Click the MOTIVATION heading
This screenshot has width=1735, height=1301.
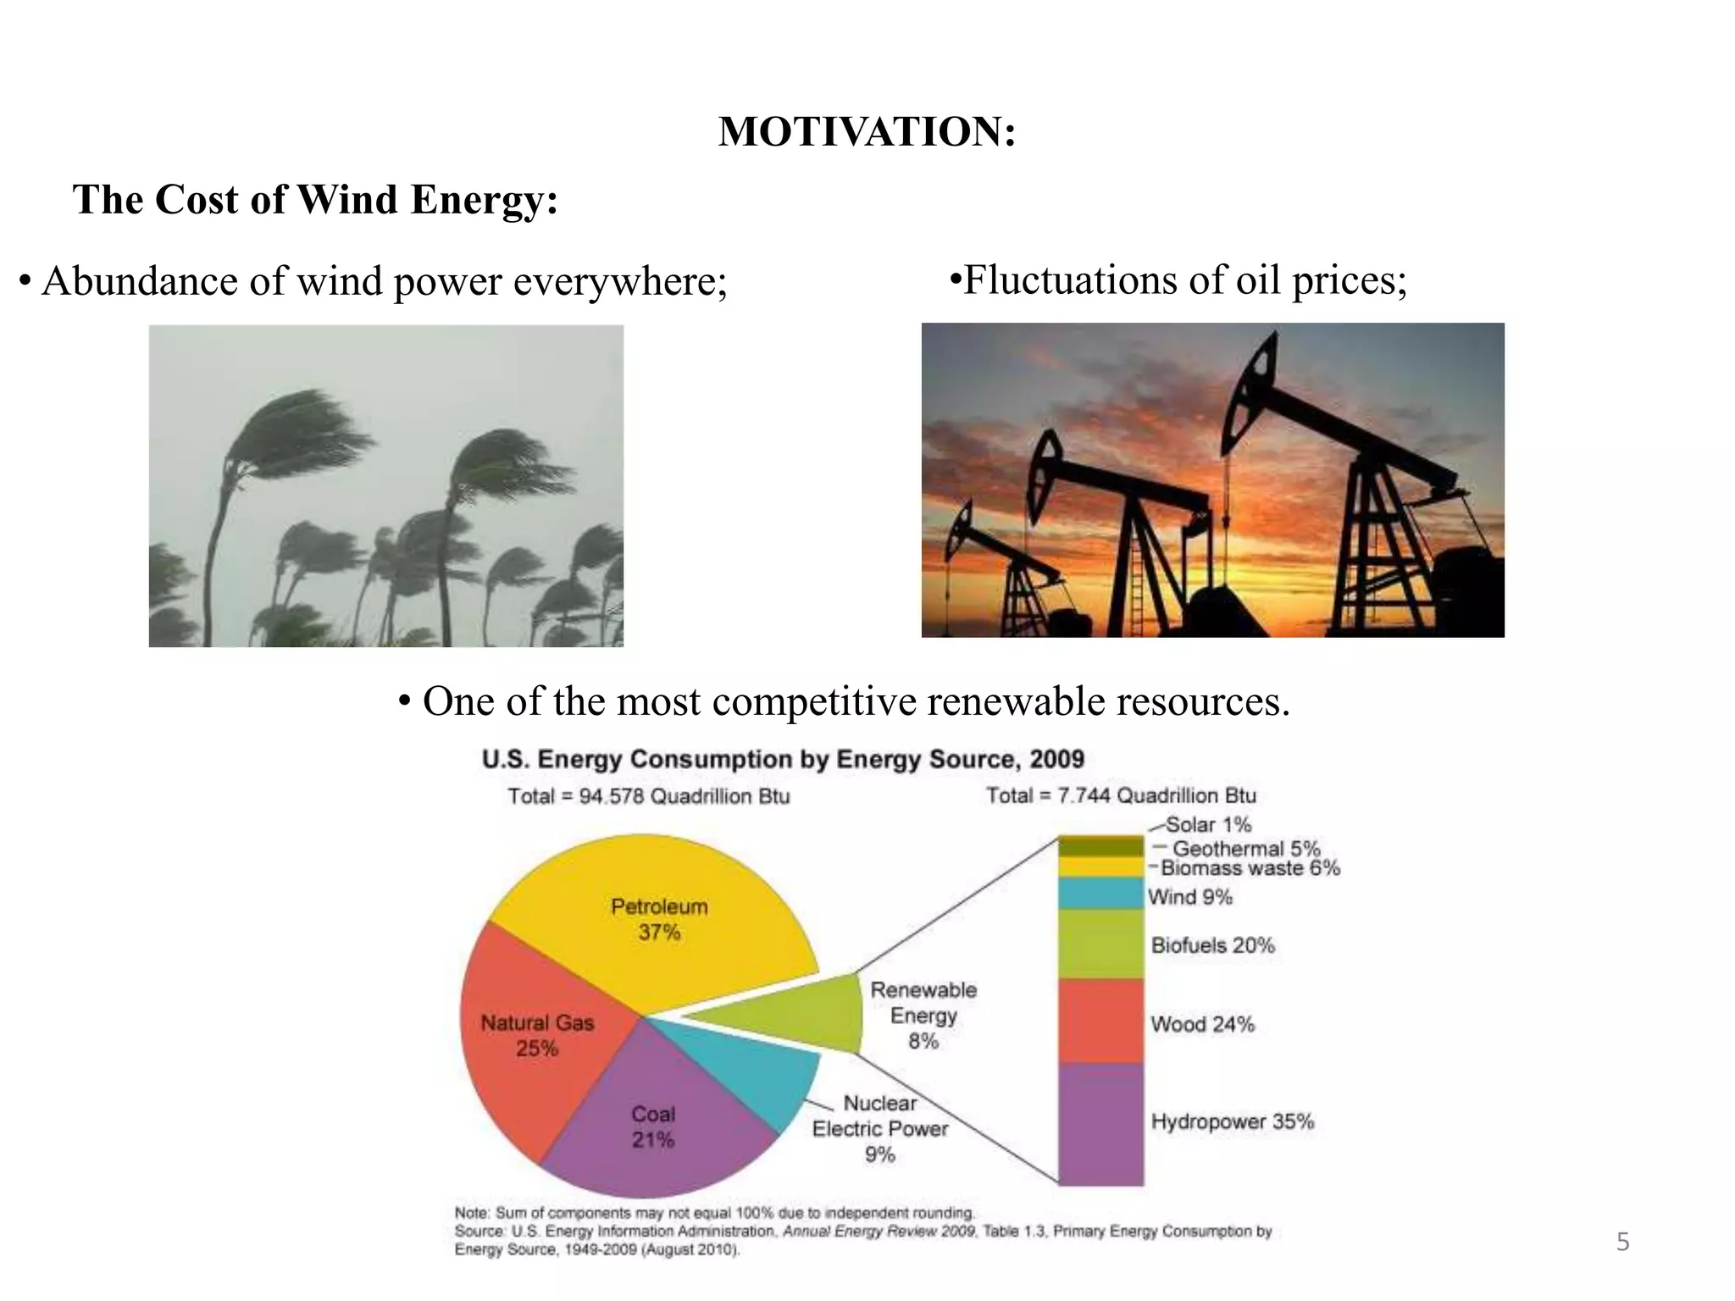point(866,133)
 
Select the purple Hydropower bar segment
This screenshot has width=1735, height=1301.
point(1100,1122)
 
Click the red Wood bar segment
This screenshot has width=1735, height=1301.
point(1100,1021)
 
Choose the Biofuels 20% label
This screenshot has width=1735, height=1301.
point(1212,945)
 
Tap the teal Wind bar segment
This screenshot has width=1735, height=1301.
point(1100,894)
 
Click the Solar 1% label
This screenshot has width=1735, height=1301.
point(1208,824)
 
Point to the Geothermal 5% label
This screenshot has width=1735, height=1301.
point(1245,848)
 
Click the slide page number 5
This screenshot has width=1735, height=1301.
point(1622,1243)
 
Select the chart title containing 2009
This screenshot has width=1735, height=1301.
point(783,759)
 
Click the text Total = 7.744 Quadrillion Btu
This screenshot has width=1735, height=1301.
point(1120,795)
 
